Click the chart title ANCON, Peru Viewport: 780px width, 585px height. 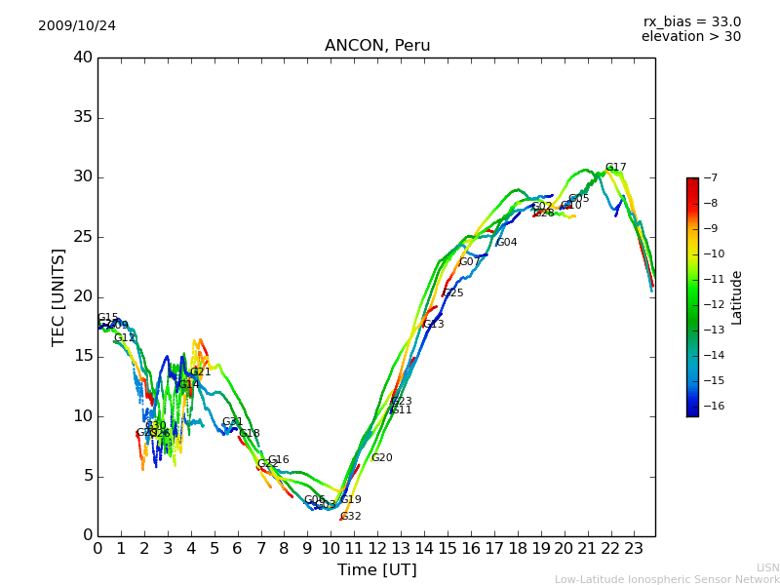click(x=377, y=46)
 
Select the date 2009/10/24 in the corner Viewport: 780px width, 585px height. click(x=77, y=25)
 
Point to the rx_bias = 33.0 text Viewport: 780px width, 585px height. click(x=691, y=21)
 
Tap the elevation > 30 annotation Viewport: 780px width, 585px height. click(x=691, y=37)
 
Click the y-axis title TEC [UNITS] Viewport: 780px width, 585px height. click(x=58, y=296)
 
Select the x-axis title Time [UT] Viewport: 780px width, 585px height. click(x=376, y=570)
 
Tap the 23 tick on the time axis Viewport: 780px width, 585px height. click(x=634, y=548)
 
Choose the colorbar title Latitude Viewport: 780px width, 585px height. click(x=737, y=296)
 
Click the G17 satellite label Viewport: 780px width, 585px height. click(x=616, y=168)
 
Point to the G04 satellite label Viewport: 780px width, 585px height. click(x=507, y=243)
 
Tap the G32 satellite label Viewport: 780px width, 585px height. click(x=351, y=517)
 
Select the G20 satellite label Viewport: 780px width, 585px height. click(x=382, y=458)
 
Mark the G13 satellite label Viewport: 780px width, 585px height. click(x=434, y=325)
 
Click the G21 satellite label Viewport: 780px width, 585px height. click(x=201, y=371)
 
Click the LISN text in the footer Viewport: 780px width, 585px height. click(x=768, y=567)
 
